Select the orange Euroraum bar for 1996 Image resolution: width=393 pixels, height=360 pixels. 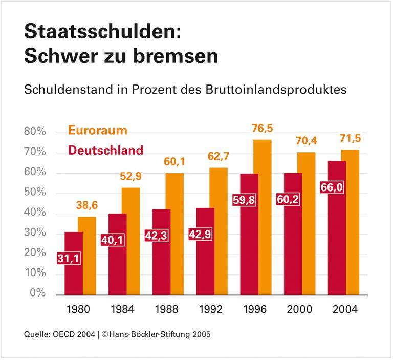262,218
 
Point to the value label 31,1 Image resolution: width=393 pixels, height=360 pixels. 69,259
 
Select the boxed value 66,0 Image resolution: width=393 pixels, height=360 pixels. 332,187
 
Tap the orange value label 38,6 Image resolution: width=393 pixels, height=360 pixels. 87,206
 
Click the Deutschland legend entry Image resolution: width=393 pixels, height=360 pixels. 105,151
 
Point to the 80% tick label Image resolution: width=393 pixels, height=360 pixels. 35,132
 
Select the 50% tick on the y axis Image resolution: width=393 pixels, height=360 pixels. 35,193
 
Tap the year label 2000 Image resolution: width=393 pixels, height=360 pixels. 299,310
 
